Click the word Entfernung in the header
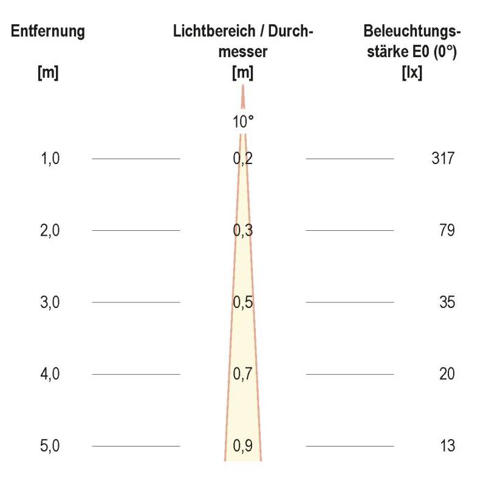pyautogui.click(x=47, y=32)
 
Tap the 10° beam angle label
pyautogui.click(x=243, y=122)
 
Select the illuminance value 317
pyautogui.click(x=442, y=159)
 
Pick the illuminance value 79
pyautogui.click(x=447, y=231)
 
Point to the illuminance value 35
pyautogui.click(x=447, y=302)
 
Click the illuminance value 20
pyautogui.click(x=447, y=374)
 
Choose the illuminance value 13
pyautogui.click(x=447, y=446)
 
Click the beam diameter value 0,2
pyautogui.click(x=243, y=159)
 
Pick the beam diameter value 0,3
pyautogui.click(x=243, y=231)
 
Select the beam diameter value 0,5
pyautogui.click(x=243, y=302)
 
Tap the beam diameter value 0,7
pyautogui.click(x=243, y=374)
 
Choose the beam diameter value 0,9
pyautogui.click(x=243, y=446)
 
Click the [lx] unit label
pyautogui.click(x=412, y=73)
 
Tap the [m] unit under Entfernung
pyautogui.click(x=47, y=73)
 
